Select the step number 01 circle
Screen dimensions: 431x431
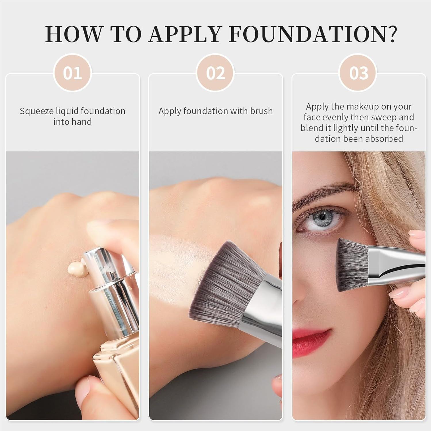(x=72, y=73)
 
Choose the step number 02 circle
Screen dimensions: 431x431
(x=215, y=73)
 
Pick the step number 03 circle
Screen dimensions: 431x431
(x=359, y=73)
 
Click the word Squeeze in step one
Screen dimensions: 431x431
(x=37, y=111)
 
